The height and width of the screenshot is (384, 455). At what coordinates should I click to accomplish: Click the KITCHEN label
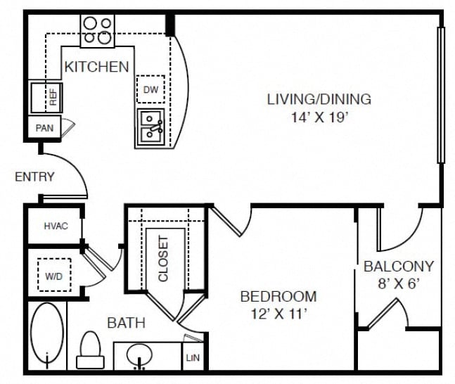point(96,67)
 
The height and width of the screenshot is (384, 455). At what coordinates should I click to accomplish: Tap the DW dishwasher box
point(150,89)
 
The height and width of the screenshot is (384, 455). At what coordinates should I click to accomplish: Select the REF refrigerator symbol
point(46,98)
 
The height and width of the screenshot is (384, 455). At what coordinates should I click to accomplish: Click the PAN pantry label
point(44,128)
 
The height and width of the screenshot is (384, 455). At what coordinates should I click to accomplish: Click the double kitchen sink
point(151,127)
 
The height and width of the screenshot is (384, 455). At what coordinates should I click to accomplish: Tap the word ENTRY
point(34,177)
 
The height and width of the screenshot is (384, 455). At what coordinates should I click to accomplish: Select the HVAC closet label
point(56,226)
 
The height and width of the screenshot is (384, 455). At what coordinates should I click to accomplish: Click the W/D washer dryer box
point(54,275)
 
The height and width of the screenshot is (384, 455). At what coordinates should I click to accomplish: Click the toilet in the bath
point(90,350)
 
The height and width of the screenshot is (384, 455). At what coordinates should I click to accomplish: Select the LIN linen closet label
point(193,358)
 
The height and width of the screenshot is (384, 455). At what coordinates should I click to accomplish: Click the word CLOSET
point(163,259)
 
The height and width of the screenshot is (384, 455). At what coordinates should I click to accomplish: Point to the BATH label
point(126,323)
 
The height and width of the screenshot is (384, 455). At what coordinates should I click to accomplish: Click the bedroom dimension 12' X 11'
point(278,314)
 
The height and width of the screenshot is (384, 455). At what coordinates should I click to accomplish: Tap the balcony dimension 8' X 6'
point(399,283)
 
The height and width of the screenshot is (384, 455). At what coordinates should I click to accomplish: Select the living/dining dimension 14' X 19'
point(319,117)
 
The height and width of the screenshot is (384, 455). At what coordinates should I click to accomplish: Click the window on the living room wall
point(441,95)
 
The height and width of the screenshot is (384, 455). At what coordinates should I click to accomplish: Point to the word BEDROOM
point(278,297)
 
